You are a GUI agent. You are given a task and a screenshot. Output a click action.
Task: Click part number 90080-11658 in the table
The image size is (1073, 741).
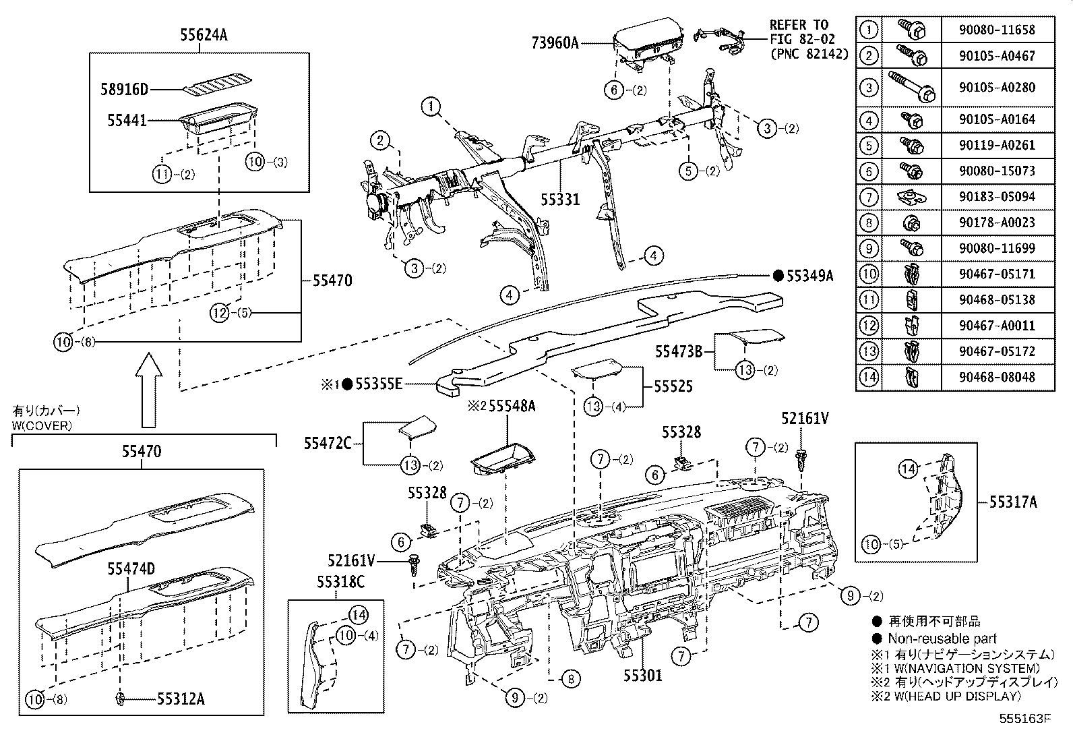(x=998, y=30)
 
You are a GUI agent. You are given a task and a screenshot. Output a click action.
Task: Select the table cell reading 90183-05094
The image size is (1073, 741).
(x=998, y=197)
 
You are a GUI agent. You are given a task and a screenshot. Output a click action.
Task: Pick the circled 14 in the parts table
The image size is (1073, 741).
(x=869, y=377)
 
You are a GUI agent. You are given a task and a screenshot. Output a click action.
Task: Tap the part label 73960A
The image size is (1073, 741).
(x=555, y=43)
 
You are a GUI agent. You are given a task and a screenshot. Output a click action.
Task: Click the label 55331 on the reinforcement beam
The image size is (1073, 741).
(x=561, y=200)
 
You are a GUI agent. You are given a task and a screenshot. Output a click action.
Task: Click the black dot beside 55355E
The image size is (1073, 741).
(x=347, y=384)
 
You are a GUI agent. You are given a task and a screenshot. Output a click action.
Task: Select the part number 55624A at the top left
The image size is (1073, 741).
(x=204, y=35)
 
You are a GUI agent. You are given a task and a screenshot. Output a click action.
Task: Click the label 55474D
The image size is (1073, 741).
(x=131, y=569)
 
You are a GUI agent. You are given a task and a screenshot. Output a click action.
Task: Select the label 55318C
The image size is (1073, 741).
(x=341, y=581)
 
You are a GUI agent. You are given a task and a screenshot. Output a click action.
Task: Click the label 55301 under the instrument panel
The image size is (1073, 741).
(x=642, y=674)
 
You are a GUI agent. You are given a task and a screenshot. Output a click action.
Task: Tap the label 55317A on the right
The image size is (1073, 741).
(x=1013, y=502)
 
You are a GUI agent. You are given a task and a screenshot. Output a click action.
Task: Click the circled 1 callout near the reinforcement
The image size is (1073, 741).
(x=431, y=106)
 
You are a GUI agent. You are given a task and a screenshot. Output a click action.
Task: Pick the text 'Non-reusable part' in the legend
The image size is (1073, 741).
(x=942, y=639)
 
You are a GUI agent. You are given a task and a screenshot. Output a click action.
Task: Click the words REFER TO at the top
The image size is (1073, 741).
(x=799, y=25)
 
